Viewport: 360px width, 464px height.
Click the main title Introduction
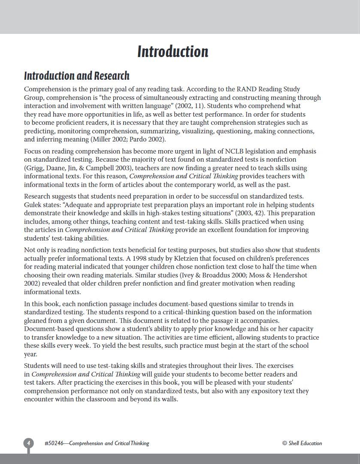point(172,52)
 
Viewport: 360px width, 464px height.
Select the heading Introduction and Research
point(77,76)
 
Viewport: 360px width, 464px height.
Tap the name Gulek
point(33,205)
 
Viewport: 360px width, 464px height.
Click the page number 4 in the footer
point(28,443)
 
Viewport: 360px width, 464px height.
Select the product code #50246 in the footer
point(54,443)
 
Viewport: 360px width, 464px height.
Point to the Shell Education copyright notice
point(302,443)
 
